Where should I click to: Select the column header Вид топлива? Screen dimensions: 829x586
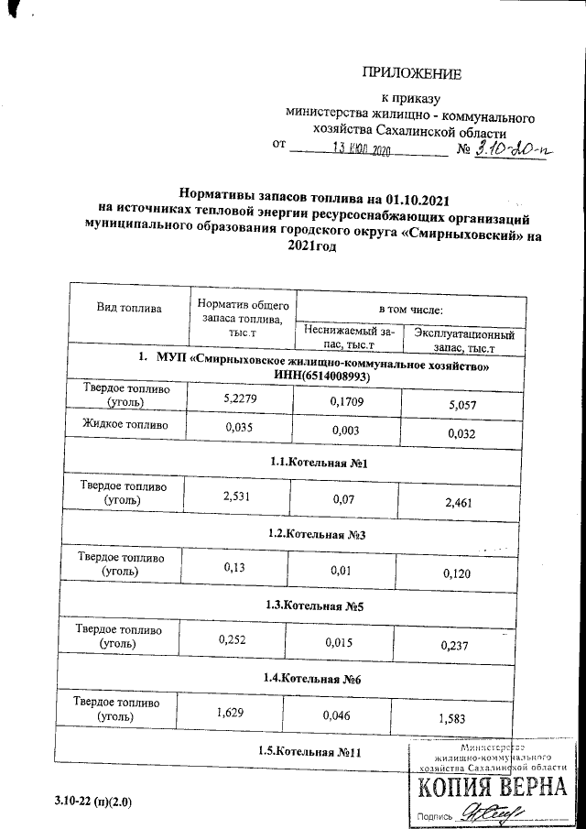(129, 308)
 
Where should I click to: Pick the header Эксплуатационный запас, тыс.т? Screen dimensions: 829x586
(464, 341)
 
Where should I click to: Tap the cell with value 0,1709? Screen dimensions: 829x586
(347, 399)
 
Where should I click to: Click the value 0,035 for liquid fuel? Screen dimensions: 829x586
(238, 426)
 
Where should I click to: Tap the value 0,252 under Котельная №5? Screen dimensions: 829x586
(237, 639)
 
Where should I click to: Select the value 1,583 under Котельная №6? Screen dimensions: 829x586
(458, 716)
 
